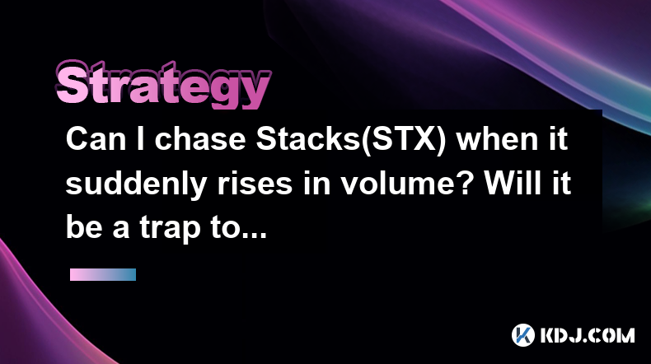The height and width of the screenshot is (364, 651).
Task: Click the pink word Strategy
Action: (x=163, y=86)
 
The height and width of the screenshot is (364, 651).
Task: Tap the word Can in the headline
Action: (x=96, y=139)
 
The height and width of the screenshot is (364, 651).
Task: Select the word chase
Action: (x=200, y=139)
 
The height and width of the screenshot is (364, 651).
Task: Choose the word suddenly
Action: (x=137, y=184)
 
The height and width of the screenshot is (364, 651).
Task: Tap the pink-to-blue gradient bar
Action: (x=103, y=274)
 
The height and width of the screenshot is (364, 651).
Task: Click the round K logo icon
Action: (x=522, y=335)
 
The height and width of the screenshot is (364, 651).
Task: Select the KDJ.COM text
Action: (x=588, y=335)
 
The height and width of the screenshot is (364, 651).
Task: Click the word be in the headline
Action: (x=84, y=229)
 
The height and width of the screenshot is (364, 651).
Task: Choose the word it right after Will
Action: (x=560, y=184)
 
